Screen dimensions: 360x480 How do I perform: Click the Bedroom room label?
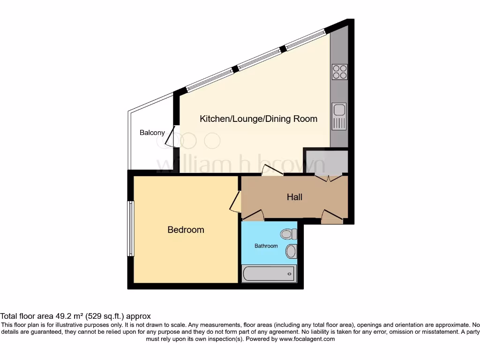click(x=186, y=230)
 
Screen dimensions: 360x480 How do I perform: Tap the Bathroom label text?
click(x=266, y=246)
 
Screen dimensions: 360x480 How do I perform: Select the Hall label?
click(x=294, y=197)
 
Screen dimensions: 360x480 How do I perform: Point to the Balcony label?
click(x=152, y=133)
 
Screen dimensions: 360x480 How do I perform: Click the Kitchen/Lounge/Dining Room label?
click(x=258, y=119)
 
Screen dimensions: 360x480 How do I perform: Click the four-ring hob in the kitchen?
click(x=339, y=72)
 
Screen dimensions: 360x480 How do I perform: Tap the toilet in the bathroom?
click(x=287, y=233)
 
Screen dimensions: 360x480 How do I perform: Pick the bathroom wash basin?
click(x=291, y=251)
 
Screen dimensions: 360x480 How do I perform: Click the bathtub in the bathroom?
click(x=269, y=272)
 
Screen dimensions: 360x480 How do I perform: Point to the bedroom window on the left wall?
click(x=131, y=229)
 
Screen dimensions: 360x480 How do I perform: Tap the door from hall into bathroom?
click(x=253, y=216)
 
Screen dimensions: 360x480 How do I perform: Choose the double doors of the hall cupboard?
click(x=329, y=177)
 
